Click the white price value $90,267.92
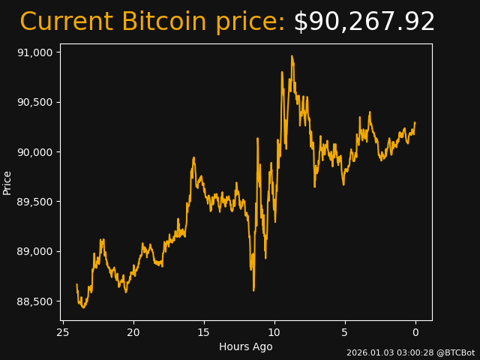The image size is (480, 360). [x=364, y=22]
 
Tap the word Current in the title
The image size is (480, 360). [x=67, y=22]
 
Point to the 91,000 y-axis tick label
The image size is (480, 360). [x=34, y=52]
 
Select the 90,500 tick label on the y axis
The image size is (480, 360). [x=34, y=102]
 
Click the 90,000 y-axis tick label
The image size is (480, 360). [x=34, y=152]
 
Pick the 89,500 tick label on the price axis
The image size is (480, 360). [x=34, y=202]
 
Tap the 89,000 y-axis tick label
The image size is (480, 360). [x=34, y=251]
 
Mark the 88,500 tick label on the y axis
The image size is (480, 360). [x=34, y=301]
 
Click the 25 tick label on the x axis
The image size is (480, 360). [x=63, y=332]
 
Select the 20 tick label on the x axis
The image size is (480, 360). [x=133, y=332]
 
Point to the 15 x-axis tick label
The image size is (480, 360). [x=204, y=332]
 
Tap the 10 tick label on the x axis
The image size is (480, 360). [x=274, y=332]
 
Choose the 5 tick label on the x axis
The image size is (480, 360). [x=345, y=332]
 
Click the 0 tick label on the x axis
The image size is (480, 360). [x=415, y=332]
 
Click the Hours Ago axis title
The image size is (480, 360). [x=246, y=346]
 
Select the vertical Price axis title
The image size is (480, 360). [x=7, y=182]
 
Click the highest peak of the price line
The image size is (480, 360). [x=292, y=56]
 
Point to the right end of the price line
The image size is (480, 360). [x=415, y=123]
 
